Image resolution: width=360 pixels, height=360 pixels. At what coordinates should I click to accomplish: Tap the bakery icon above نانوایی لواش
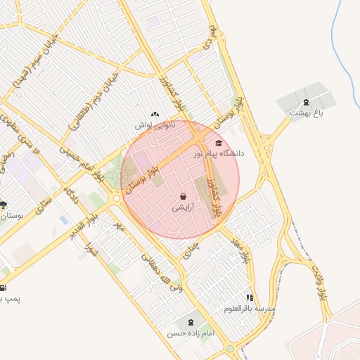pos(155,114)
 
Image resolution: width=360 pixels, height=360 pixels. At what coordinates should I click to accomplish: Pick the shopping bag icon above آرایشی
pos(183,197)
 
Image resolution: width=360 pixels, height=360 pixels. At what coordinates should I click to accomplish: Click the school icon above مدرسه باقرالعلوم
pos(250,297)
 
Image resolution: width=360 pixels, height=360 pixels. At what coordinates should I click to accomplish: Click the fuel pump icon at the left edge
pos(2,288)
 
